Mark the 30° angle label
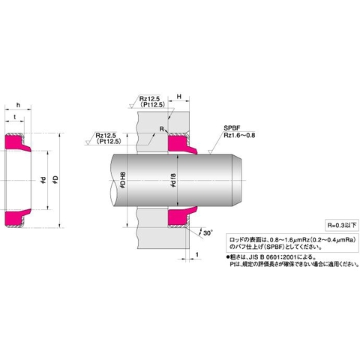point(208,233)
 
